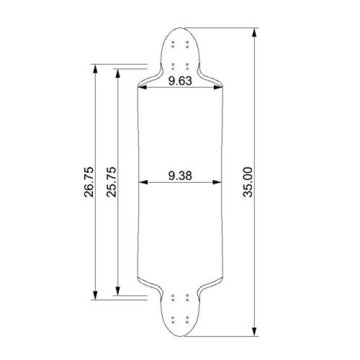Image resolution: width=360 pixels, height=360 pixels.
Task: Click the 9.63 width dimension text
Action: [x=180, y=81]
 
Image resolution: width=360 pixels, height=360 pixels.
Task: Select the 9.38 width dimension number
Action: [x=180, y=176]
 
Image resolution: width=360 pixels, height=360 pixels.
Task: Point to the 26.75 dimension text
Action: [x=89, y=182]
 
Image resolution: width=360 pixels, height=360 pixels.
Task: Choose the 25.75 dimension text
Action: [x=112, y=182]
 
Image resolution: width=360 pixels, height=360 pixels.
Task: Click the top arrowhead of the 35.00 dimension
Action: [x=254, y=32]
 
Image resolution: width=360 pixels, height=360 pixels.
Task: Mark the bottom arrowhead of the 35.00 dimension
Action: [x=254, y=332]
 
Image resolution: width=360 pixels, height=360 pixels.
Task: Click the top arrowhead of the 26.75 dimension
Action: [x=95, y=68]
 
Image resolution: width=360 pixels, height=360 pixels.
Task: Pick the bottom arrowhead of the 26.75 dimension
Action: [x=95, y=295]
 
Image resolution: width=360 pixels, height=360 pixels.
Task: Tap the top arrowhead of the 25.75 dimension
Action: [x=117, y=73]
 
